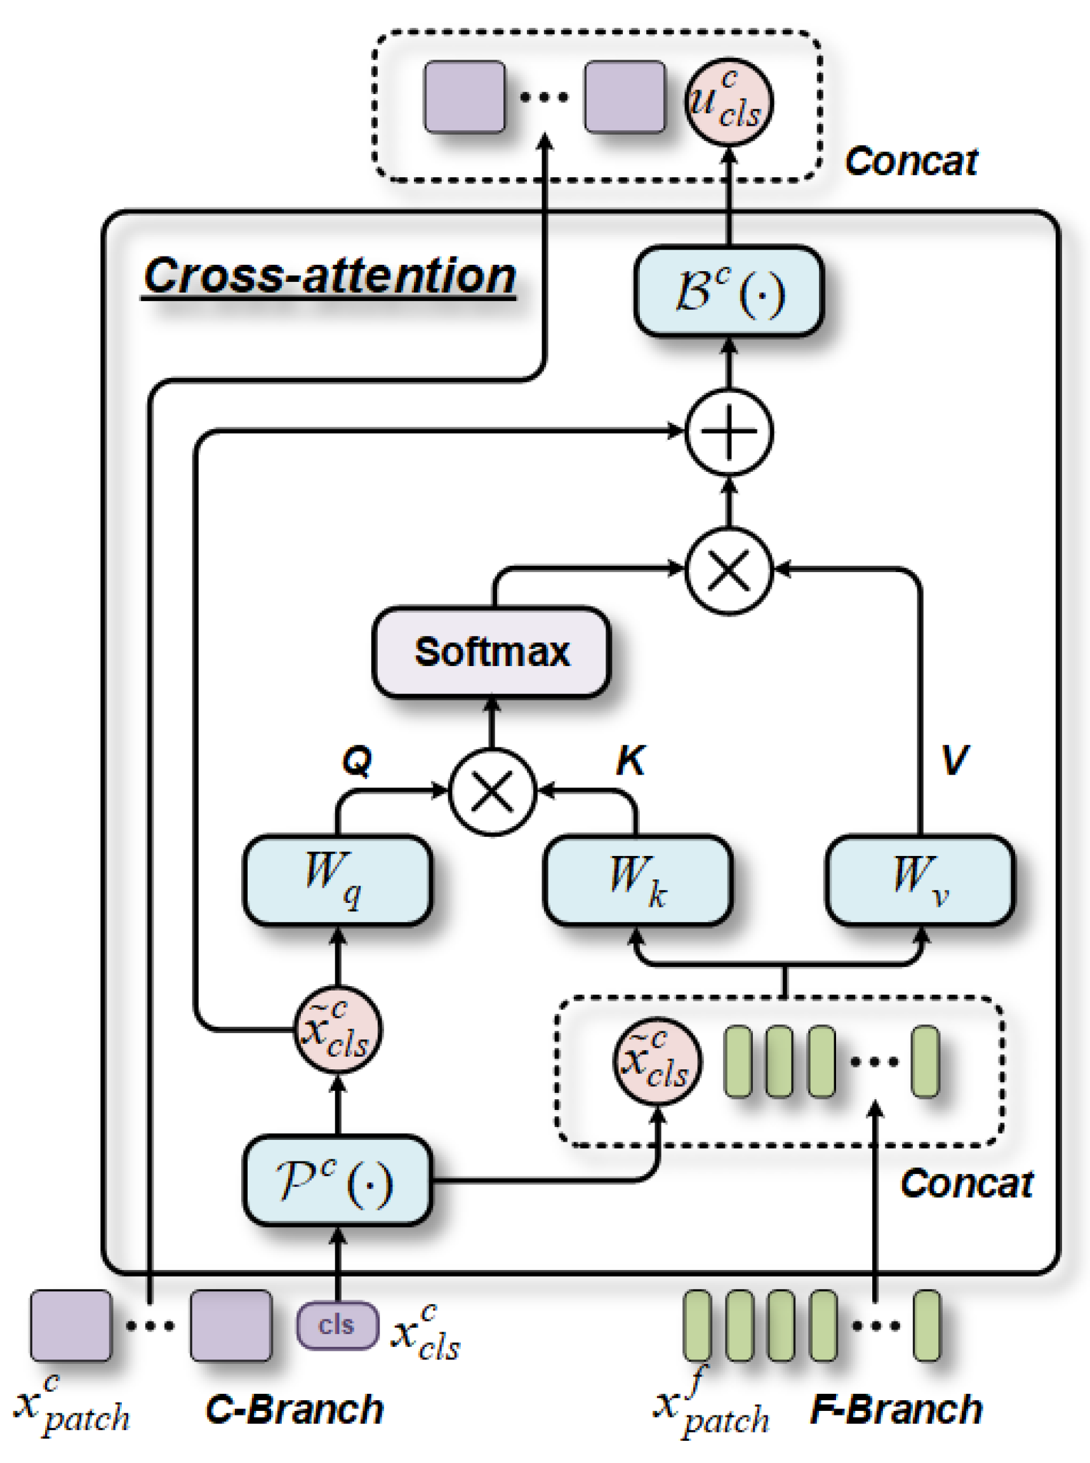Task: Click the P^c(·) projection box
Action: tap(337, 1181)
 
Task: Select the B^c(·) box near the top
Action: tap(728, 291)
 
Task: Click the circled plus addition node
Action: tap(728, 432)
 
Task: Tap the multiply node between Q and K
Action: tap(492, 791)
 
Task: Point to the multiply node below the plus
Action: tap(728, 570)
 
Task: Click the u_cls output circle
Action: tap(728, 101)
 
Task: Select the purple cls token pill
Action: tap(337, 1325)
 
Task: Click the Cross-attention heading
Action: tap(329, 276)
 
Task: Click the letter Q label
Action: tap(357, 761)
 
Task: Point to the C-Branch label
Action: tap(295, 1410)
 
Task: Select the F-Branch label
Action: tap(896, 1410)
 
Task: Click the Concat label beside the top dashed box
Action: tap(910, 161)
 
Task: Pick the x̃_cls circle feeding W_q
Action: tap(337, 1029)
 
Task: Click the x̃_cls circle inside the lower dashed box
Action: tap(657, 1060)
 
